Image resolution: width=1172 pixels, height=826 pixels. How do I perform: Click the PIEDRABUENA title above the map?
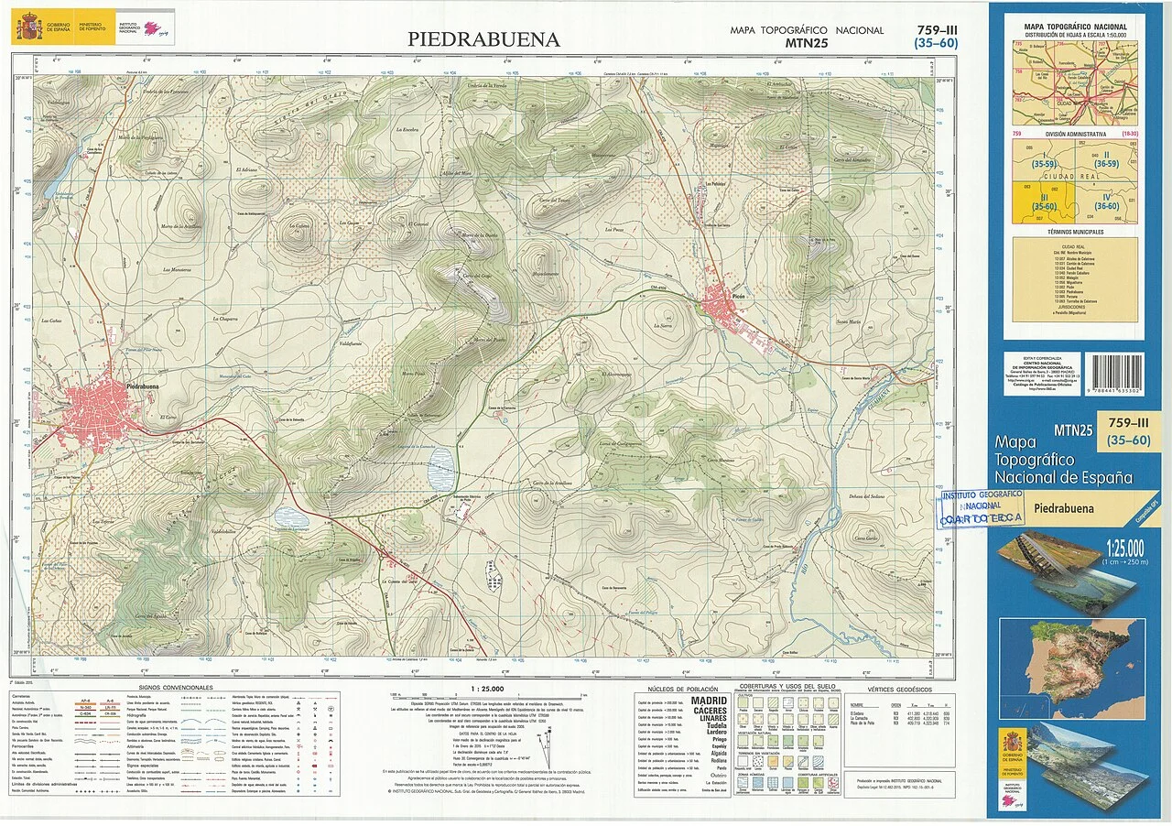click(x=483, y=39)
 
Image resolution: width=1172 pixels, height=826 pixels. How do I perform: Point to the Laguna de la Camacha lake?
click(x=439, y=463)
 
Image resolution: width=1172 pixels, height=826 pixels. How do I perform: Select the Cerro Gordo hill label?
click(x=865, y=538)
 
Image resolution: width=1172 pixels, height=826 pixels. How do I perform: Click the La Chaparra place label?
click(x=225, y=319)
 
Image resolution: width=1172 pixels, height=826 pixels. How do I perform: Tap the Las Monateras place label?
click(x=176, y=270)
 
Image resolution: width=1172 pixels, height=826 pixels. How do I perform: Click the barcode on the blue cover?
click(x=1112, y=374)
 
